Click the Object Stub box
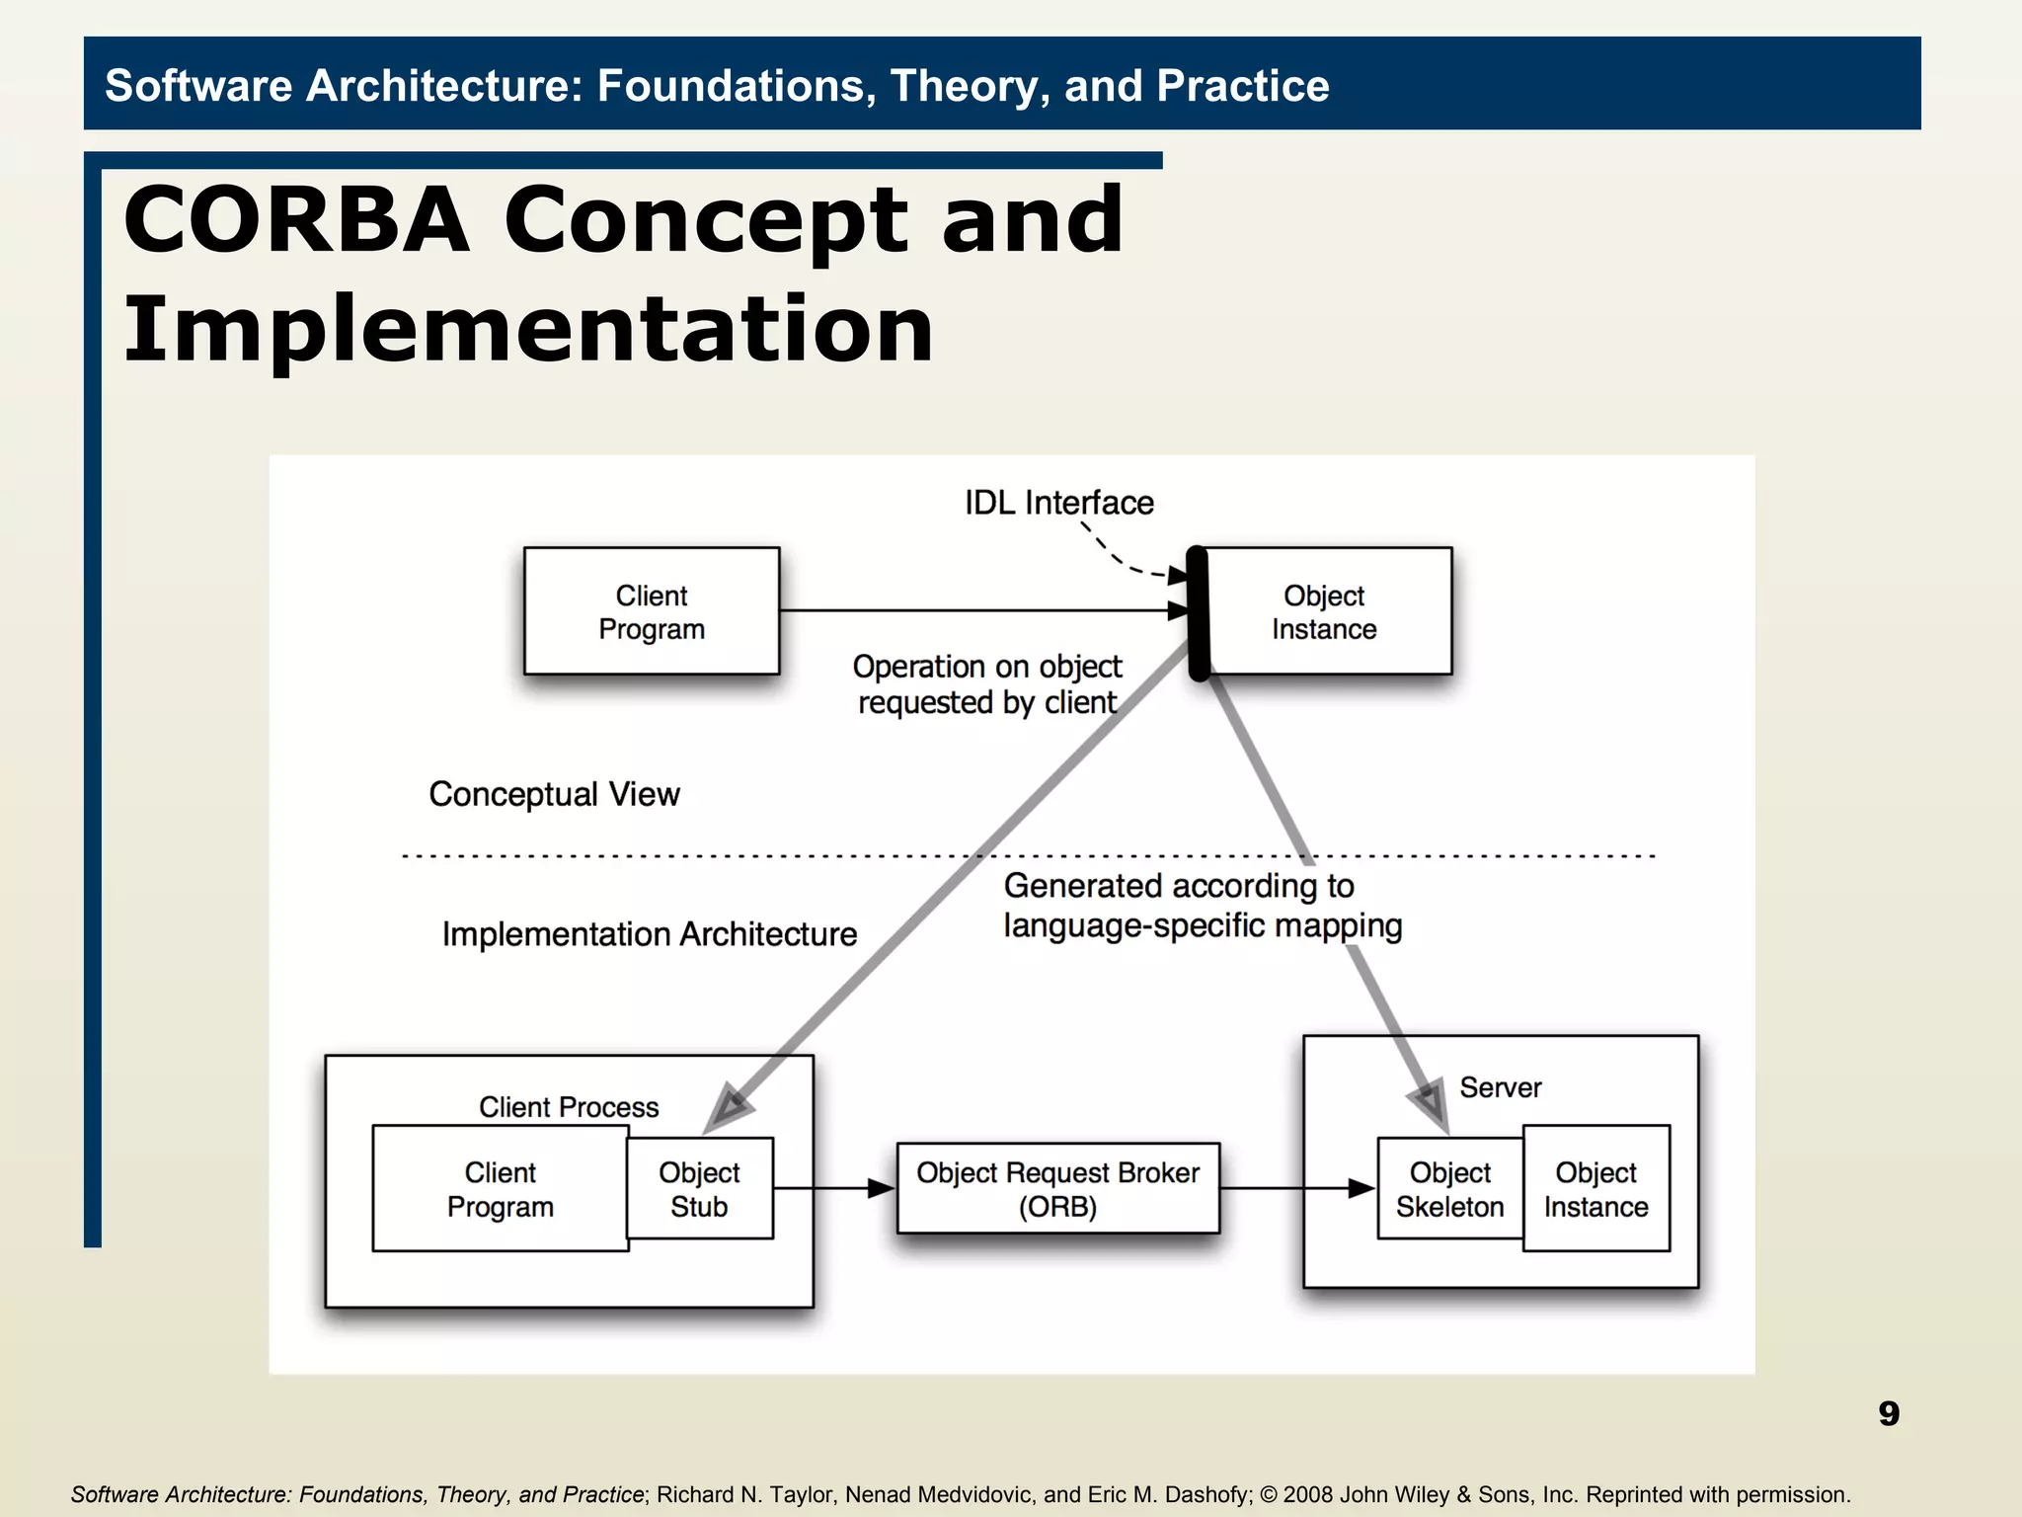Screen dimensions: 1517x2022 (x=699, y=1189)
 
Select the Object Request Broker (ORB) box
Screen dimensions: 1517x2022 (x=1057, y=1189)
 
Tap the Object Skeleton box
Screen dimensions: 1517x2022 (x=1449, y=1189)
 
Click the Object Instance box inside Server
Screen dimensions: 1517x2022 (x=1595, y=1189)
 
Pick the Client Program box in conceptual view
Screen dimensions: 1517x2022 (x=652, y=612)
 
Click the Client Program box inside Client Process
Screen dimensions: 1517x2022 (x=500, y=1189)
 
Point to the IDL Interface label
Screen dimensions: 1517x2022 (x=1058, y=503)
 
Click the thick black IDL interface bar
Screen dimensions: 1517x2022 (x=1198, y=612)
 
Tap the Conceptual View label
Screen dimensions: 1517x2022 (x=554, y=794)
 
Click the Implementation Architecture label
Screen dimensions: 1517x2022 (x=649, y=934)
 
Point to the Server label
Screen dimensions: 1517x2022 (x=1500, y=1087)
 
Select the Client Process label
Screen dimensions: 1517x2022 (x=569, y=1107)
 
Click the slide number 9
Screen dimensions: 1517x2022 (x=1888, y=1413)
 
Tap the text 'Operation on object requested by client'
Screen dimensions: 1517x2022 (x=986, y=684)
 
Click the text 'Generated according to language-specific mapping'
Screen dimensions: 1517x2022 (x=1202, y=906)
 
